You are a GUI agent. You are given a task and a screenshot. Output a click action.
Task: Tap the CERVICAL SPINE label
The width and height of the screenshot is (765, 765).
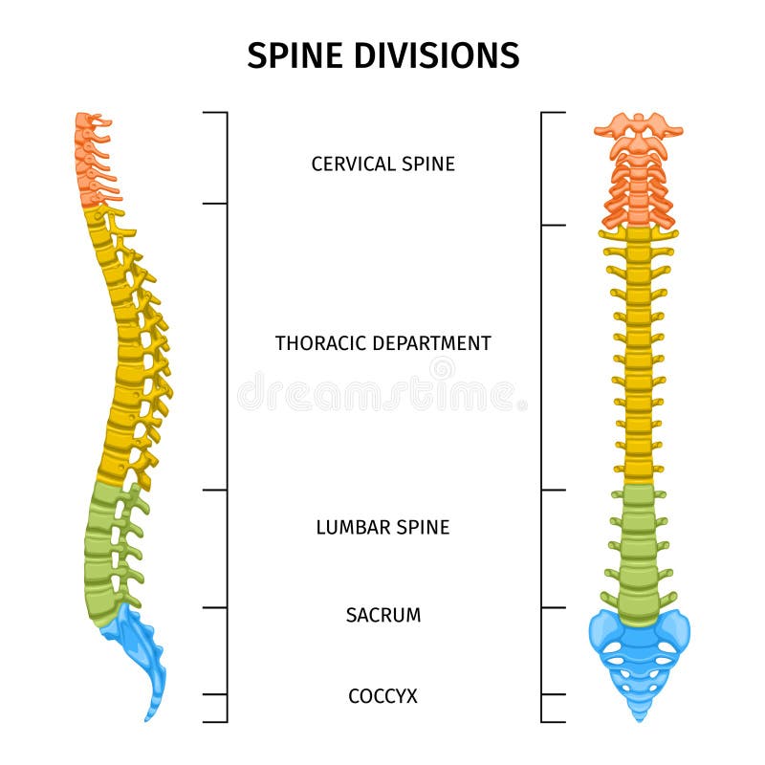pos(382,164)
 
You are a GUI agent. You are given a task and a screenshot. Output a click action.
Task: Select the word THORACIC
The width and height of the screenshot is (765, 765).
pos(322,342)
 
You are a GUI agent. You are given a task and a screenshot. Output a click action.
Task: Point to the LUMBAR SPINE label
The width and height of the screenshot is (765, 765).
pos(382,527)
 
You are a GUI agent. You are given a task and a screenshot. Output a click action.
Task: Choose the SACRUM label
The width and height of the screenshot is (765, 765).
pos(382,615)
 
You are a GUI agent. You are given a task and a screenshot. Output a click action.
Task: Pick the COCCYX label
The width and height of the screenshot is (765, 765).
pos(382,696)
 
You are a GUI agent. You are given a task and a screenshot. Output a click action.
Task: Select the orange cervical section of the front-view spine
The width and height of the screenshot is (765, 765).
pos(638,182)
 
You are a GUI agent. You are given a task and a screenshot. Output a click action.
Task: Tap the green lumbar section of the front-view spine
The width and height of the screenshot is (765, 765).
pos(637,550)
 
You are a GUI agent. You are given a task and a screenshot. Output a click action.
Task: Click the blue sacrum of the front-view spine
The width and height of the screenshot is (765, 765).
pos(638,650)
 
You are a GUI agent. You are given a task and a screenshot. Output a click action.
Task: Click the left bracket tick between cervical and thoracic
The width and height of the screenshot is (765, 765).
pos(215,204)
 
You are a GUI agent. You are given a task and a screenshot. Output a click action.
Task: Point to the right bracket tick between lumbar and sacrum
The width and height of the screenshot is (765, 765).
pos(553,607)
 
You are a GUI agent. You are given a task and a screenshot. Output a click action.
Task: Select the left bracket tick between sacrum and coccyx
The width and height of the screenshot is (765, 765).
pos(215,694)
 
